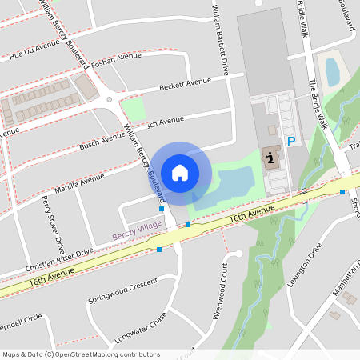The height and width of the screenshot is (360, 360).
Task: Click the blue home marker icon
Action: point(180,172)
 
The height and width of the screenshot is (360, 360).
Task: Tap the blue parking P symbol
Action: point(291,142)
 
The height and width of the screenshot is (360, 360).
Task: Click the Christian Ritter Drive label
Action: point(59,257)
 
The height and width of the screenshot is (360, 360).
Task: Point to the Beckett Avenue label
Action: point(185,82)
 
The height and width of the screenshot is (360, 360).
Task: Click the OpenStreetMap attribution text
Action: point(81,354)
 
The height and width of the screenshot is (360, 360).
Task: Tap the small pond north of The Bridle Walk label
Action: point(332,71)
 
